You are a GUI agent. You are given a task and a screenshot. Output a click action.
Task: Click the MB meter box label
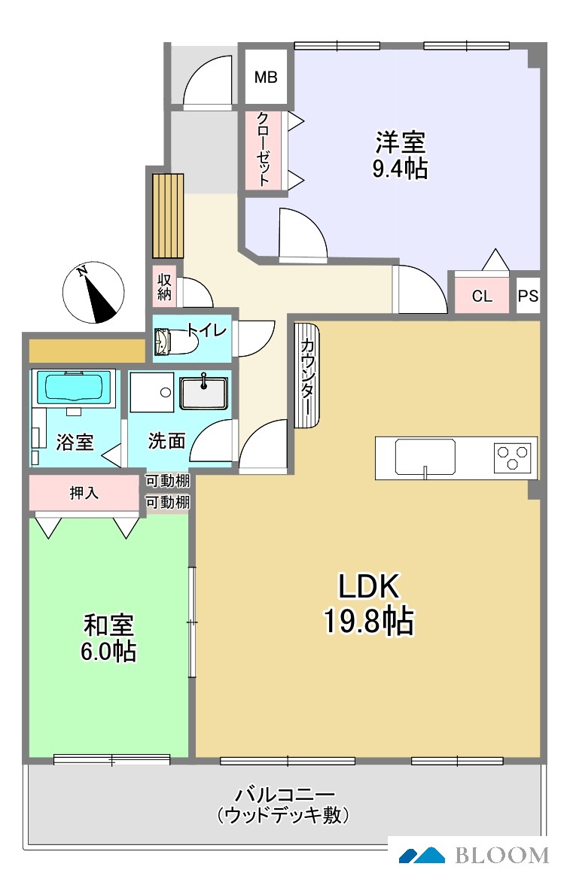[266, 77]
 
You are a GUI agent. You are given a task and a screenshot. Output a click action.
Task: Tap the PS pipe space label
[528, 296]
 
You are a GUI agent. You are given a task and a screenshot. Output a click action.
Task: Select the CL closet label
[482, 296]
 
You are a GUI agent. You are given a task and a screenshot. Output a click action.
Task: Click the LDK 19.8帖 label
[369, 604]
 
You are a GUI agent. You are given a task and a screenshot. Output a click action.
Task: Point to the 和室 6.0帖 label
[108, 638]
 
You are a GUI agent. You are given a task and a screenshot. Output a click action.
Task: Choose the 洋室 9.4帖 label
[400, 155]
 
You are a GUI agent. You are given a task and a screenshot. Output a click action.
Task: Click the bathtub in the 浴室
[75, 388]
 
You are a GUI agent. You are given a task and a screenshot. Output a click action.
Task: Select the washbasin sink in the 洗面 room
[203, 392]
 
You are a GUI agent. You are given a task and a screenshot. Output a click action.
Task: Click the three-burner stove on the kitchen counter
[513, 458]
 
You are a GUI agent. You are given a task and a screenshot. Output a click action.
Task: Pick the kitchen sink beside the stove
[425, 458]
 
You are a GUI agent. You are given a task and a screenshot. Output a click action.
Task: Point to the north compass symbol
[93, 293]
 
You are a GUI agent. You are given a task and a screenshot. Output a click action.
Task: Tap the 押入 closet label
[84, 493]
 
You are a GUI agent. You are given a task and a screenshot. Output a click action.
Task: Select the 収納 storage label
[164, 287]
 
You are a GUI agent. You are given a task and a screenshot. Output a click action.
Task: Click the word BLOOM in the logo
[502, 855]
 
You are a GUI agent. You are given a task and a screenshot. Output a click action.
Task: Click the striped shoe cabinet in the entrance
[168, 216]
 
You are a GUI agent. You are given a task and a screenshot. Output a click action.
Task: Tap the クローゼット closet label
[264, 150]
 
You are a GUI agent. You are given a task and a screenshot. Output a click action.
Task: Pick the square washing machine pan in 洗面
[152, 392]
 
